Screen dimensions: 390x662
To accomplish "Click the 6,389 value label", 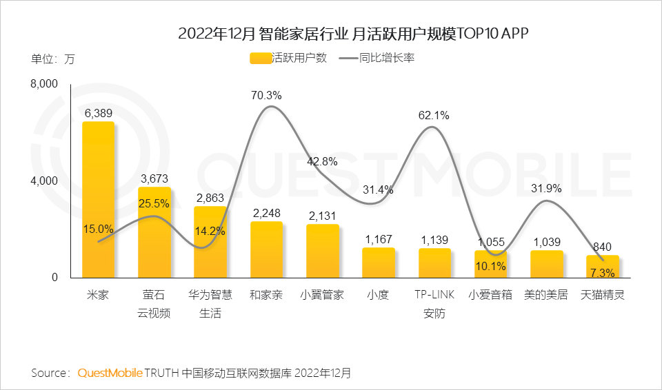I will [99, 112].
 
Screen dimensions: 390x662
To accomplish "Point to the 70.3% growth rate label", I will [266, 95].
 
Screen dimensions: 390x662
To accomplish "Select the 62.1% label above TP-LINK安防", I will [434, 116].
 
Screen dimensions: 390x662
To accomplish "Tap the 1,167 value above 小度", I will [378, 239].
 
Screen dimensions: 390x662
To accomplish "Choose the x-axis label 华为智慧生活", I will [210, 304].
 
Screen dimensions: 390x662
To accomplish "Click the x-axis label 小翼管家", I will [322, 295].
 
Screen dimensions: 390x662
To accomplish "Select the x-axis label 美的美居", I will [546, 295].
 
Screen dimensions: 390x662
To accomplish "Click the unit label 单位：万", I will [52, 59].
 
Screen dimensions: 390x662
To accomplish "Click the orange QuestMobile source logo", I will [110, 373].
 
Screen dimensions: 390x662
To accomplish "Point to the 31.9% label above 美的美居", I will [546, 188].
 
